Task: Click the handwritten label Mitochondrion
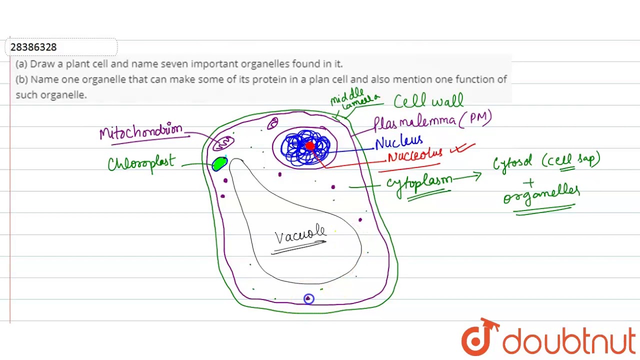pos(141,132)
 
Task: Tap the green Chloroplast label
pos(141,163)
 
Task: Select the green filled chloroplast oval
pos(219,164)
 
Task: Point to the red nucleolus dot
pos(309,146)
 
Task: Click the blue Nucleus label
pos(398,142)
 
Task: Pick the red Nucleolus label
pos(414,155)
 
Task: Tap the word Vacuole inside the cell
pos(300,234)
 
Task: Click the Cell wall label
pos(428,101)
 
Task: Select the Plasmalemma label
pos(414,122)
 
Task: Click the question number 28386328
pos(33,47)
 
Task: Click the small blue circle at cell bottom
pos(308,298)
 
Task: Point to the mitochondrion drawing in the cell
pos(223,143)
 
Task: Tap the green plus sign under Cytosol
pos(528,183)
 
